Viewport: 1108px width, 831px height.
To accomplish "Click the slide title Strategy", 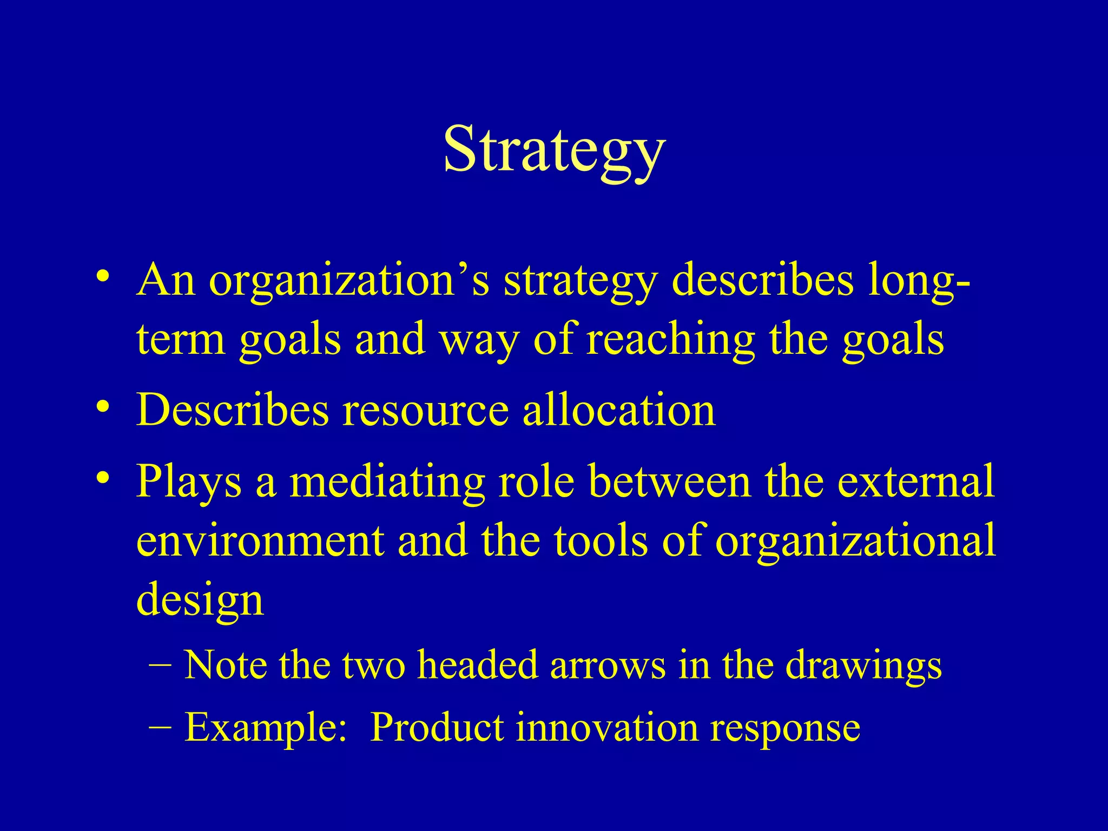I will tap(554, 149).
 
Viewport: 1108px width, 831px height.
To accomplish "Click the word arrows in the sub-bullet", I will tap(608, 665).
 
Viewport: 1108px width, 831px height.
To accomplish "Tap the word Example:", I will tap(266, 728).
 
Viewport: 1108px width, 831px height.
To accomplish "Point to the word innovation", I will tap(606, 728).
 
